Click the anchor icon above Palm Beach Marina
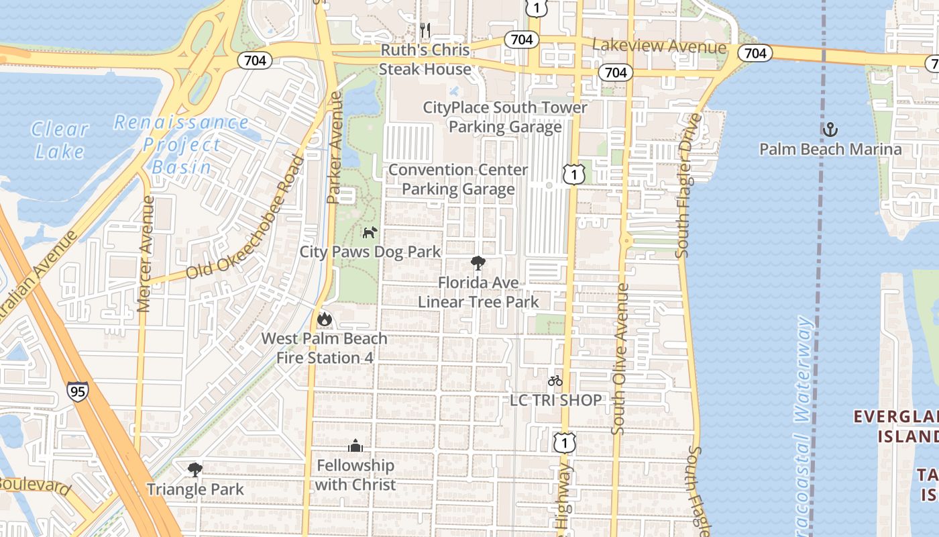pyautogui.click(x=830, y=129)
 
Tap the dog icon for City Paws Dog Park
pyautogui.click(x=370, y=232)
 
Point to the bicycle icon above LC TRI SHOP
pyautogui.click(x=555, y=381)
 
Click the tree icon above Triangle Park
pyautogui.click(x=195, y=469)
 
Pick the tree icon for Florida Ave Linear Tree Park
pyautogui.click(x=478, y=262)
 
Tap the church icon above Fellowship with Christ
pyautogui.click(x=355, y=445)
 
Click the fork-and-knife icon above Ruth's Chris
pyautogui.click(x=425, y=30)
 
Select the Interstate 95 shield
pyautogui.click(x=78, y=391)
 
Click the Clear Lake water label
pyautogui.click(x=60, y=140)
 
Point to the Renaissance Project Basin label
pyautogui.click(x=180, y=144)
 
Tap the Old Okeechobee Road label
pyautogui.click(x=245, y=219)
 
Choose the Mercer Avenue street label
pyautogui.click(x=146, y=254)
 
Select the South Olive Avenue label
pyautogui.click(x=620, y=358)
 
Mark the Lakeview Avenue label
pyautogui.click(x=659, y=46)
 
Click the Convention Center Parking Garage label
pyautogui.click(x=459, y=179)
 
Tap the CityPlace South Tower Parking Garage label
pyautogui.click(x=505, y=117)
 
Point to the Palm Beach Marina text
pyautogui.click(x=830, y=149)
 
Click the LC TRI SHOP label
pyautogui.click(x=556, y=400)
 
